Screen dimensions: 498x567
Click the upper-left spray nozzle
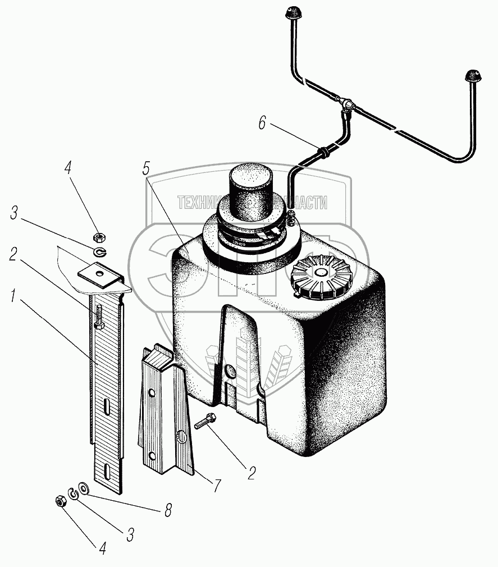(294, 12)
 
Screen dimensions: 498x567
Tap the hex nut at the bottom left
(61, 500)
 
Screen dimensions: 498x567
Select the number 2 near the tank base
(250, 472)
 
